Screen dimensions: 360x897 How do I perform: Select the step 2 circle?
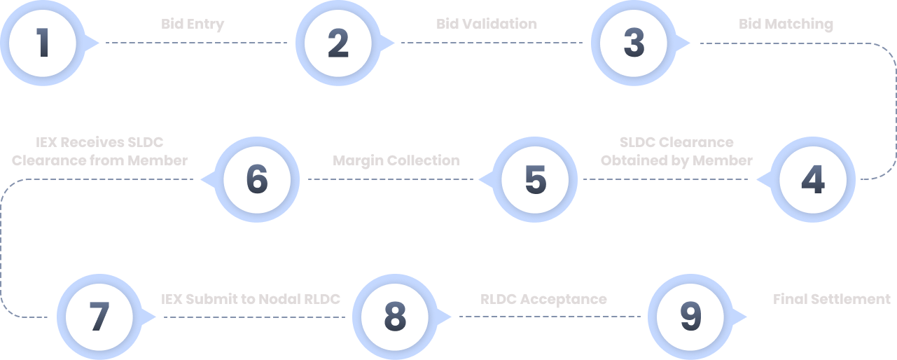[338, 43]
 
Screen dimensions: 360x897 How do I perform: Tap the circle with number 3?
[634, 43]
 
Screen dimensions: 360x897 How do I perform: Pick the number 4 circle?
[813, 179]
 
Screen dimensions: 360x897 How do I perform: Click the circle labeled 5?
[535, 179]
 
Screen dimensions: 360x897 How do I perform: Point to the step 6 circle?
[257, 179]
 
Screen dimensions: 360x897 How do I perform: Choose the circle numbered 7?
[99, 317]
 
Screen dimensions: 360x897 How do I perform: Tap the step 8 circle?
[395, 317]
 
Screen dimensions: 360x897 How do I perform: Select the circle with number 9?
[690, 317]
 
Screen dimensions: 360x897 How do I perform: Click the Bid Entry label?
[193, 24]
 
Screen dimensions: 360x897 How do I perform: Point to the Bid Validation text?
[487, 24]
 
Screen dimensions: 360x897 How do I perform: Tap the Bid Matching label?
[786, 24]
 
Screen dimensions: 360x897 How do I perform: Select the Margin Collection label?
[396, 160]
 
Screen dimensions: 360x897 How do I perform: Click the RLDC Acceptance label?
[543, 299]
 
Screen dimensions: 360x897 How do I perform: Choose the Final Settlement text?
[831, 299]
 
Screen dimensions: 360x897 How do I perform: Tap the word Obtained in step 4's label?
[628, 160]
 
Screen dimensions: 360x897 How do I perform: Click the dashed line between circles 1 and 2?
[196, 43]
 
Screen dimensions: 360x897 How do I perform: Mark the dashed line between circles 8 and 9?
[550, 317]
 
